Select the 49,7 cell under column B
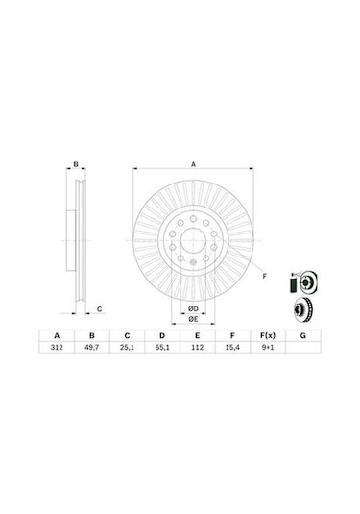tap(92, 350)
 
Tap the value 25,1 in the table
tap(126, 350)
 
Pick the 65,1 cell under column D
tap(159, 350)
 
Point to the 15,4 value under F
tap(231, 350)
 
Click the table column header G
tap(302, 335)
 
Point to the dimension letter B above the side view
tap(75, 166)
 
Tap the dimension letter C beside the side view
tap(99, 308)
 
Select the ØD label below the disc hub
tap(192, 306)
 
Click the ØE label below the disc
tap(192, 318)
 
